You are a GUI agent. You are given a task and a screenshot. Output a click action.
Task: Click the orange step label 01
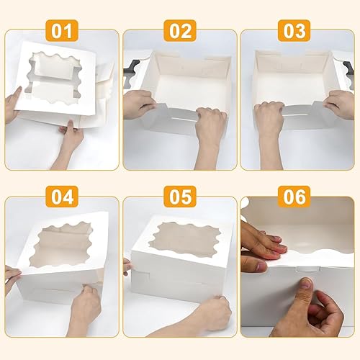62,31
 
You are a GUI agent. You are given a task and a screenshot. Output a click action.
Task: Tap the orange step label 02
180,31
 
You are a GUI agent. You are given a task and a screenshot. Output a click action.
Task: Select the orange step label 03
294,31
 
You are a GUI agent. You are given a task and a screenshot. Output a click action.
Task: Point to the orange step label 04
62,197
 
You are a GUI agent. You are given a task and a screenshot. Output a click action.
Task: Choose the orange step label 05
180,197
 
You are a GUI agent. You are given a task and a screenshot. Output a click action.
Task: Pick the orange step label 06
294,197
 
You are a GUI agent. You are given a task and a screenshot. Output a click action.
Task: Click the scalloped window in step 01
53,78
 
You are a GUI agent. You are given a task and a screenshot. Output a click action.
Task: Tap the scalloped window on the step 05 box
184,240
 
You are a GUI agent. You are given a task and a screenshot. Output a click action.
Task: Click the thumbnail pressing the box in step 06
306,283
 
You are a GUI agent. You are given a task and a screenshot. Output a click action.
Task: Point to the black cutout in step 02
132,71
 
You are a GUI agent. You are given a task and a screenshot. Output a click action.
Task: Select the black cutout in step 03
349,71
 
